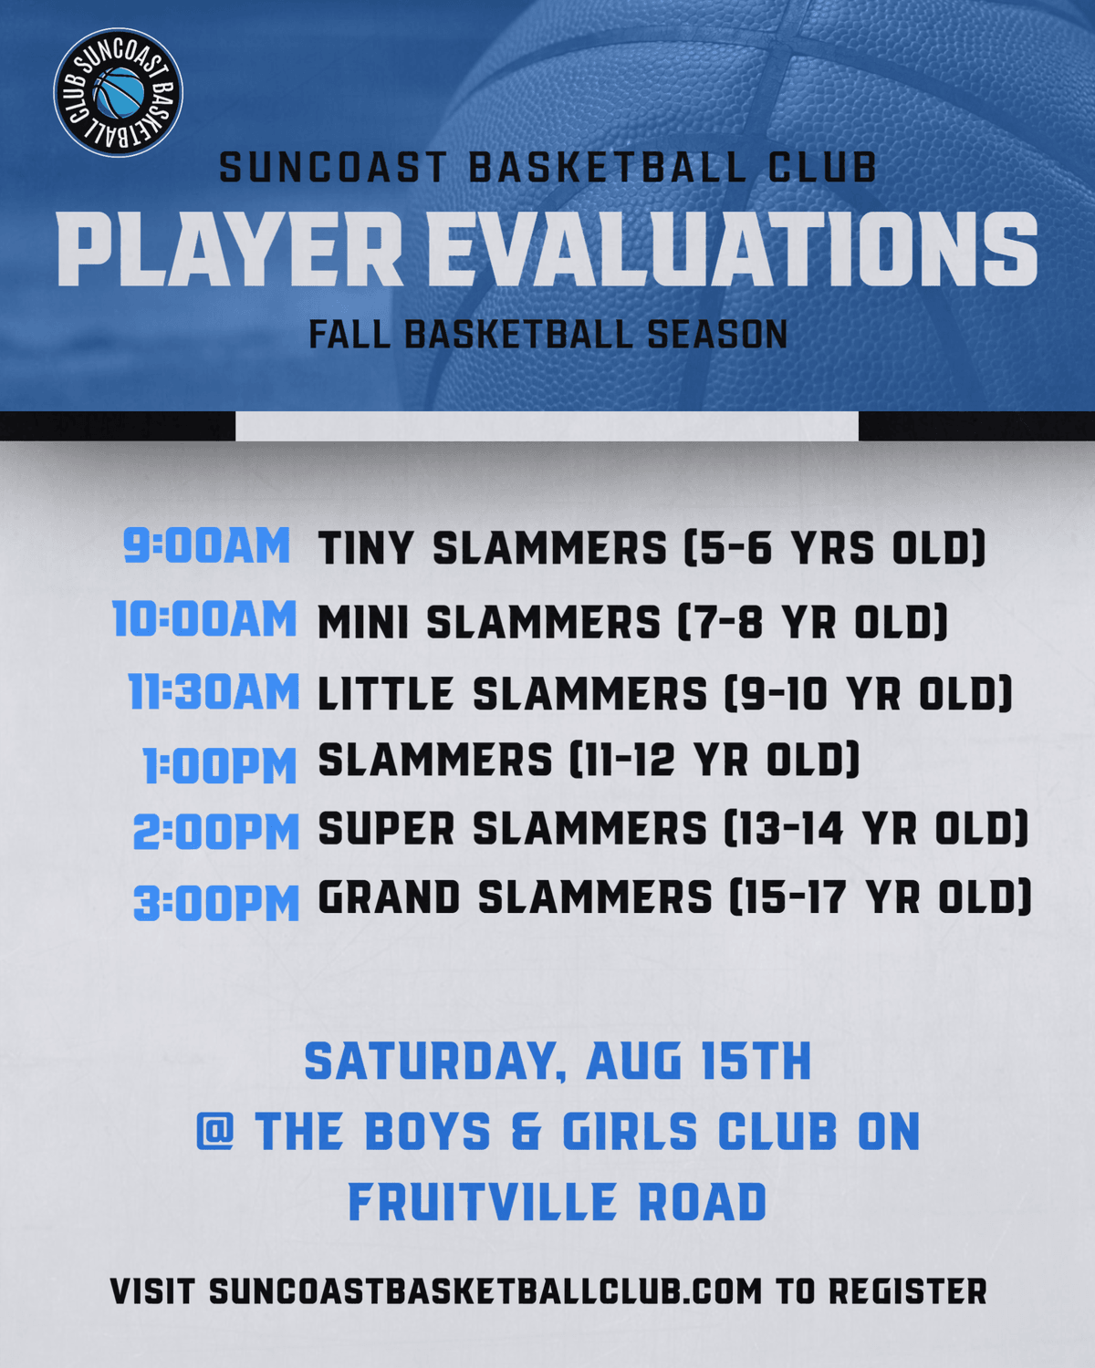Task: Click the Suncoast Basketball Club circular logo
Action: [119, 93]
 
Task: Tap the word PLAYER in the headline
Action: [229, 249]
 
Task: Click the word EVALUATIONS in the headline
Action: [733, 249]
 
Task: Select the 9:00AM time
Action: [207, 545]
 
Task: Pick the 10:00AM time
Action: [205, 618]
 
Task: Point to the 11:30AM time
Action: [214, 691]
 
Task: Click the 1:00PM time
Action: [220, 765]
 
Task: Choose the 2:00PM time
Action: [216, 832]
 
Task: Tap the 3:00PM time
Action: [216, 903]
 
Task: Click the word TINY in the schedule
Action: [366, 547]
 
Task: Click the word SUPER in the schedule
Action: [386, 828]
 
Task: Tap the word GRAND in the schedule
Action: [389, 897]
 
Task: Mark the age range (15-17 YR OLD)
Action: [880, 897]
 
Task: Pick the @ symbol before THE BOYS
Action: [215, 1131]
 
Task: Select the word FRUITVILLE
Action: [483, 1201]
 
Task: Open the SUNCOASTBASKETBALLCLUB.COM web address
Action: [485, 1291]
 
